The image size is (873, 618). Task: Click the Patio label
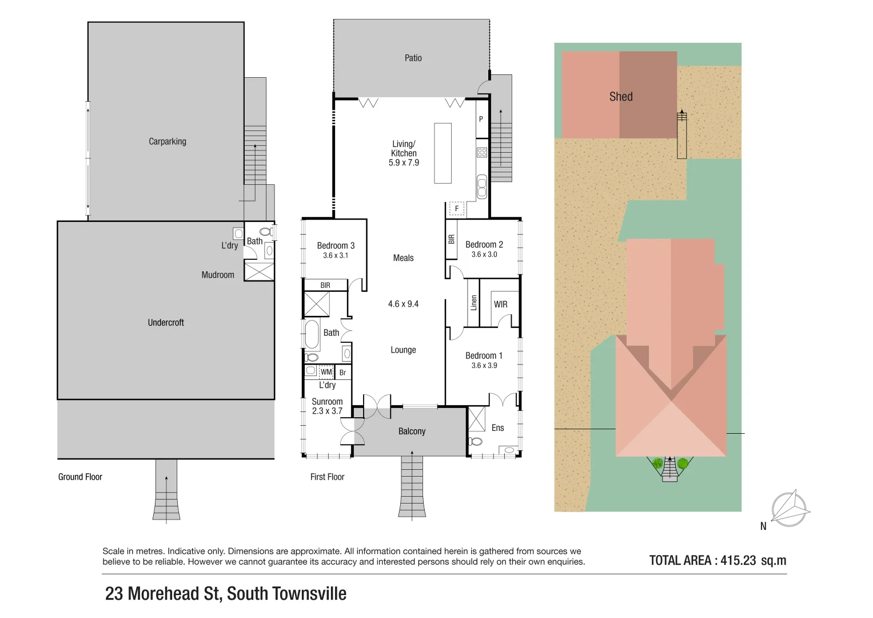(413, 58)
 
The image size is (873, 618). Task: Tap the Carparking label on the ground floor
(167, 141)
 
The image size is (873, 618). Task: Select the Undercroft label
(166, 323)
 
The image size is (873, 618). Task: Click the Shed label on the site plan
(621, 97)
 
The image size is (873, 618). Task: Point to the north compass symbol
(790, 508)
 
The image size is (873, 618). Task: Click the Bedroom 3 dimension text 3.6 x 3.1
(336, 256)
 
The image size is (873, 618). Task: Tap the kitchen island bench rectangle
(443, 153)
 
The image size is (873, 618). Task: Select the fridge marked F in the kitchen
(456, 209)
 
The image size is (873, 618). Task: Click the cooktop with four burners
(482, 152)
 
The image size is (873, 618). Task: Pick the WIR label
(500, 304)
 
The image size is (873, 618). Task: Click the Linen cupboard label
(473, 303)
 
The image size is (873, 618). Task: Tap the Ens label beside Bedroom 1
(497, 428)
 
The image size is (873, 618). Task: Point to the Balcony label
(412, 431)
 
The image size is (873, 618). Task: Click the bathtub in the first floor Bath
(312, 334)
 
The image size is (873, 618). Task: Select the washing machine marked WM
(326, 372)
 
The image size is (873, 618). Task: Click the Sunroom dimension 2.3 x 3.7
(327, 411)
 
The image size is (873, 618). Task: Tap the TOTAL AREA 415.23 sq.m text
(717, 561)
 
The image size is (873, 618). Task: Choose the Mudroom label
(218, 275)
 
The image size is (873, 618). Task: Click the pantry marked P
(481, 119)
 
